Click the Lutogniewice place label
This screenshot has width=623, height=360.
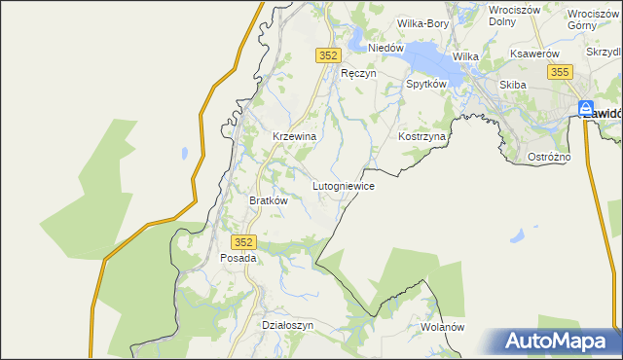coord(343,184)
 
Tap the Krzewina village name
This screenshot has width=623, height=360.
coord(294,137)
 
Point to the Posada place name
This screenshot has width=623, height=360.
coord(238,258)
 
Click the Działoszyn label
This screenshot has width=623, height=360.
coord(288,325)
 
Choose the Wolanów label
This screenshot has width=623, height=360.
coord(442,327)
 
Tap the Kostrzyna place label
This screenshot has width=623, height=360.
coord(421,137)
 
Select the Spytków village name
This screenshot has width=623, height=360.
coord(425,85)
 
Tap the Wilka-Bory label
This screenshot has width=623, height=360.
coord(421,22)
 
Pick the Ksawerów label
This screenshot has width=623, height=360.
coord(534,54)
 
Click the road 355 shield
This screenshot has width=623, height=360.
coord(559,72)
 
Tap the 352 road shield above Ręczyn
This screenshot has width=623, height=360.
coord(327,56)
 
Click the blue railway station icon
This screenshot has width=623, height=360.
coord(585,109)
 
